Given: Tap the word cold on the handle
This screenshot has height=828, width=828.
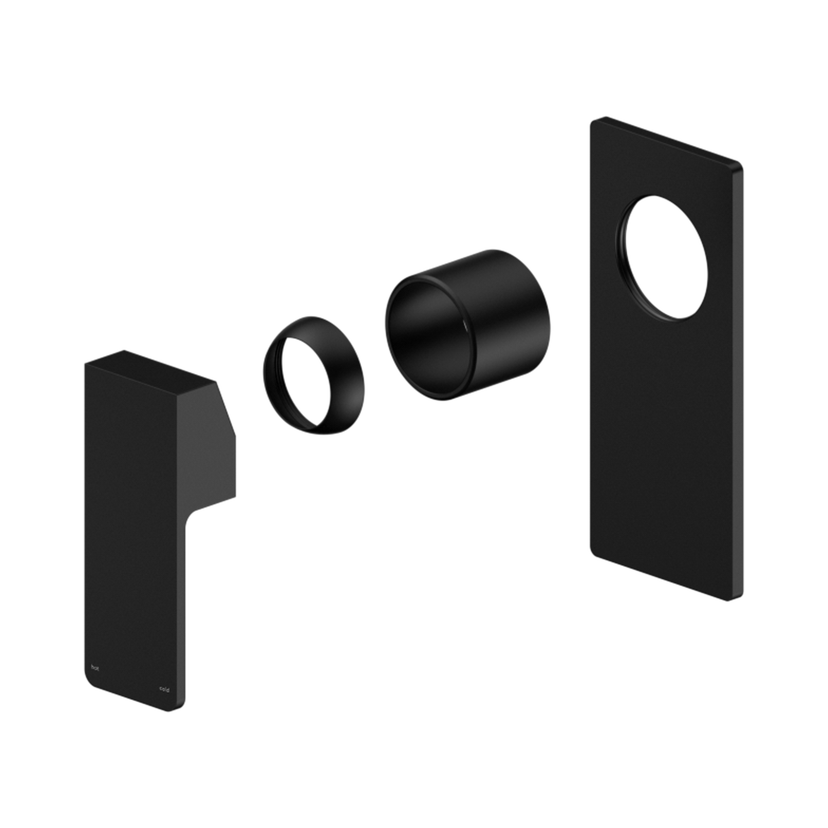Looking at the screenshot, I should pyautogui.click(x=164, y=689).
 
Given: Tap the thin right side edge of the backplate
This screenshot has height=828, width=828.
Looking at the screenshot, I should pyautogui.click(x=738, y=386).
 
